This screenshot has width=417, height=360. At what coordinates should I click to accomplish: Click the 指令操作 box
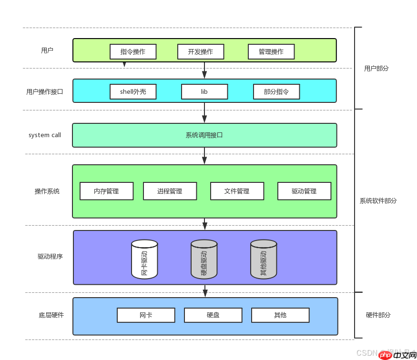(133, 51)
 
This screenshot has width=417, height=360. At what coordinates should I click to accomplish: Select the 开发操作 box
(201, 51)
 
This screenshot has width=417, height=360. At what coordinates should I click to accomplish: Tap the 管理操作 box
(271, 51)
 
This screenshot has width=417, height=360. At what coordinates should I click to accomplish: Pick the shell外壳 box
(133, 91)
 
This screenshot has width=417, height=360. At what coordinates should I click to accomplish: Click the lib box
(204, 91)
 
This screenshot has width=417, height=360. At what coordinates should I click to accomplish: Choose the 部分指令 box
(276, 91)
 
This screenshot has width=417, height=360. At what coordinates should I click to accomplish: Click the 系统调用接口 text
(204, 135)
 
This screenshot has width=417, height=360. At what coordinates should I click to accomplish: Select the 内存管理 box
(106, 191)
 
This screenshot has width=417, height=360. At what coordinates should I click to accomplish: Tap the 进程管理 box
(170, 191)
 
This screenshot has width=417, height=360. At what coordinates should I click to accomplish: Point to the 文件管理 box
(237, 191)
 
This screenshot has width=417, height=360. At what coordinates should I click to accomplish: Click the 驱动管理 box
(304, 191)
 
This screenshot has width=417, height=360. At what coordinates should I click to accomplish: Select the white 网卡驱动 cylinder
(144, 260)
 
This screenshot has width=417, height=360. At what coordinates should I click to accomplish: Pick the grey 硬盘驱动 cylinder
(204, 260)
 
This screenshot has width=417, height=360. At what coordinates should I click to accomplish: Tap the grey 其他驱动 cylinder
(264, 260)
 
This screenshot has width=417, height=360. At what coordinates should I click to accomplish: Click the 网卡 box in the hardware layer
(146, 315)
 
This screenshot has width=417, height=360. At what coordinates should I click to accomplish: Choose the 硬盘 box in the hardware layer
(213, 315)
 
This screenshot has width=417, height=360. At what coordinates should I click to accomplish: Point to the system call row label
(45, 135)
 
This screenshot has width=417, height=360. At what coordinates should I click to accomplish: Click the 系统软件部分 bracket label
(378, 201)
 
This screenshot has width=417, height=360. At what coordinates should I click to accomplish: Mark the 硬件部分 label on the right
(378, 315)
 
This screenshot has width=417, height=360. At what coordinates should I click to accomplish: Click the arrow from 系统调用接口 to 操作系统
(204, 156)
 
